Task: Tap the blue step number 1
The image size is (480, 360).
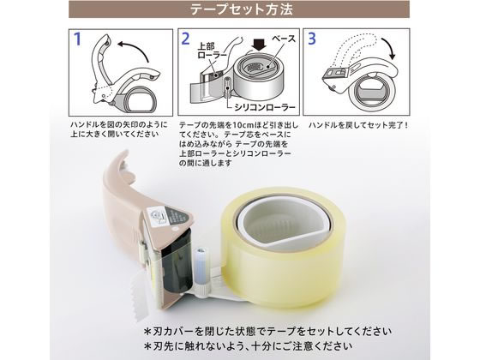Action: point(77,39)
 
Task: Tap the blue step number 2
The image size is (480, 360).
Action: point(184,39)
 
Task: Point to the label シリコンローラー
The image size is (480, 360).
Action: point(257,108)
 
